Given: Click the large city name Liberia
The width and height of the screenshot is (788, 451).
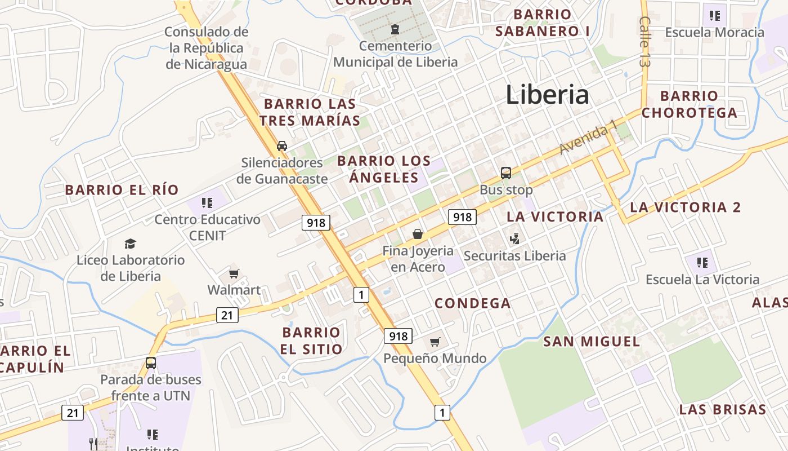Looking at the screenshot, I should (x=547, y=95).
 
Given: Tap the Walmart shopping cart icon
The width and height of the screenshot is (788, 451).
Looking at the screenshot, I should (x=234, y=274).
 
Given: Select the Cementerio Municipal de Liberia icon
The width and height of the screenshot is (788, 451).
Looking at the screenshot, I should (x=395, y=28).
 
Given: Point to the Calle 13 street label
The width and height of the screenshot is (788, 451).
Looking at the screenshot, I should (x=645, y=42).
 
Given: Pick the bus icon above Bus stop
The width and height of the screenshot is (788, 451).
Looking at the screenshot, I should (x=505, y=173).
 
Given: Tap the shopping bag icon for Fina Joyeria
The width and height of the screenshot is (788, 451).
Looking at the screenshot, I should (x=418, y=233).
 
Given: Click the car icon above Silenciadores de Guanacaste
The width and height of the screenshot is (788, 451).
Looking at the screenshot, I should (x=282, y=146).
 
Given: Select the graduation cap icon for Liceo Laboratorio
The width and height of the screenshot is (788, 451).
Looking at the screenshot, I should (x=131, y=244).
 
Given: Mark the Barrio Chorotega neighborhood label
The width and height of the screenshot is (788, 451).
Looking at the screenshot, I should (x=689, y=104).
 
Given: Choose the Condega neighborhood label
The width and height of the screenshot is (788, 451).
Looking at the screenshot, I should (x=473, y=303).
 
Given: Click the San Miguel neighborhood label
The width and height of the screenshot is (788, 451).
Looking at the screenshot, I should (x=592, y=341).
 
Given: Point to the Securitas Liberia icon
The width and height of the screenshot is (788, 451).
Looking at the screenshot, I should (x=514, y=239).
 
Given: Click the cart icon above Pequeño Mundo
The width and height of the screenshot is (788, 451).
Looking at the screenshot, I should (x=435, y=342).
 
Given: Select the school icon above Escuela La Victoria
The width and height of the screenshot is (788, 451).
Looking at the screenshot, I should (x=702, y=262).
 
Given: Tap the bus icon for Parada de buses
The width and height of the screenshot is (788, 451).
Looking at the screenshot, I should (x=151, y=362).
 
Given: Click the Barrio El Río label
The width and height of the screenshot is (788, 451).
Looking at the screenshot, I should (x=122, y=189).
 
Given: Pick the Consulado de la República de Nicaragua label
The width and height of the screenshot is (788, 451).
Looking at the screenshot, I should (x=207, y=48).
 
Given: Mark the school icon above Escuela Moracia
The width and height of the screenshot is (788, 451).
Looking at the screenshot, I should (x=715, y=15).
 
